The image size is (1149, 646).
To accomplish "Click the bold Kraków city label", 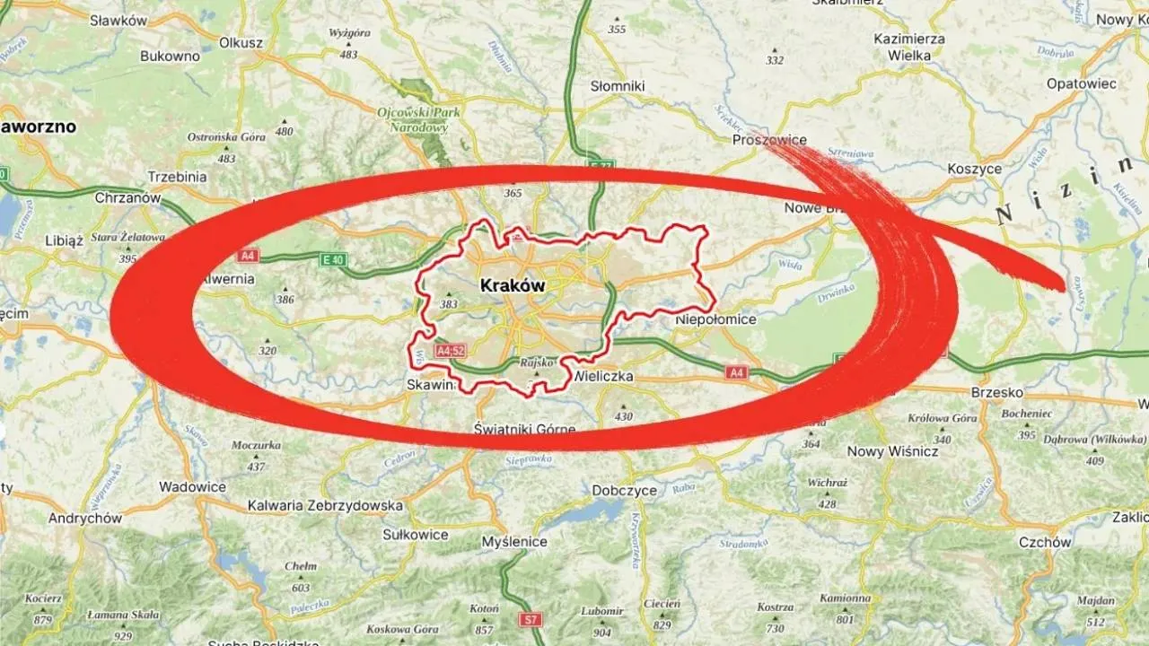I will [x=513, y=285].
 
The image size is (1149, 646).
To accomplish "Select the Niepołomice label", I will [x=715, y=319].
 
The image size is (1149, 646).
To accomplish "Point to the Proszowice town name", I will [x=769, y=140].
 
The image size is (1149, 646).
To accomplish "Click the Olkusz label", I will [x=241, y=42].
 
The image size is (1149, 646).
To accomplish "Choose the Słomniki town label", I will [x=618, y=86].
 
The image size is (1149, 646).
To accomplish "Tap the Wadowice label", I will [x=192, y=487].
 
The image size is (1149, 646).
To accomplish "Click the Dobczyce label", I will [x=625, y=491].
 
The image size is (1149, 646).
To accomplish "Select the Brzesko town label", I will [x=996, y=392].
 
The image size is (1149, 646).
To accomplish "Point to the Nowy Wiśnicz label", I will [x=892, y=451].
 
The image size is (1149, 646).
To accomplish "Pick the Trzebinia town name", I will [x=177, y=177].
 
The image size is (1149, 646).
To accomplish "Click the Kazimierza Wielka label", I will [x=910, y=48].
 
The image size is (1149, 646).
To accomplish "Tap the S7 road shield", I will [x=532, y=619].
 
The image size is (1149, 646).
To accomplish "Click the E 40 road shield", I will [x=332, y=260].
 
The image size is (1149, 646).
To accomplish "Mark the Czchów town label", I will [x=1045, y=542].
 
